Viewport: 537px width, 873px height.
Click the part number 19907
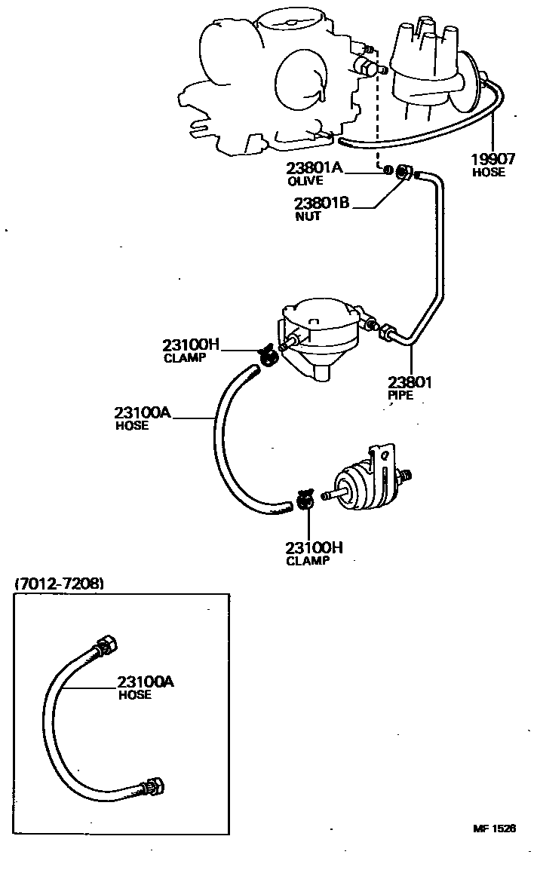493,159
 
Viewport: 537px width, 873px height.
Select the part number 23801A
315,168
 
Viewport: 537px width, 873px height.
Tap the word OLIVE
305,181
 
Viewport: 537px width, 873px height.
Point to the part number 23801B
322,203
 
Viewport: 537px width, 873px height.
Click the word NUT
308,216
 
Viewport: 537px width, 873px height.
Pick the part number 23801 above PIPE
410,382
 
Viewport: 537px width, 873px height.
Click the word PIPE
400,395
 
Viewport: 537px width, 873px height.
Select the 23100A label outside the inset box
143,412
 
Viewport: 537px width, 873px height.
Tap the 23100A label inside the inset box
146,682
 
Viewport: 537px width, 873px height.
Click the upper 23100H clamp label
190,345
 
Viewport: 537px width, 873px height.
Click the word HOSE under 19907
489,172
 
